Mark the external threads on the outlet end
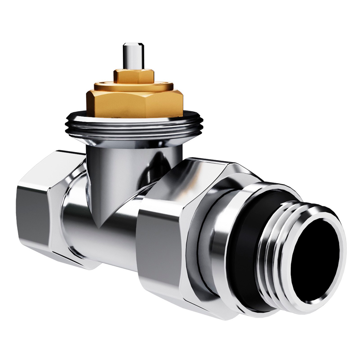pyautogui.click(x=278, y=249)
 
